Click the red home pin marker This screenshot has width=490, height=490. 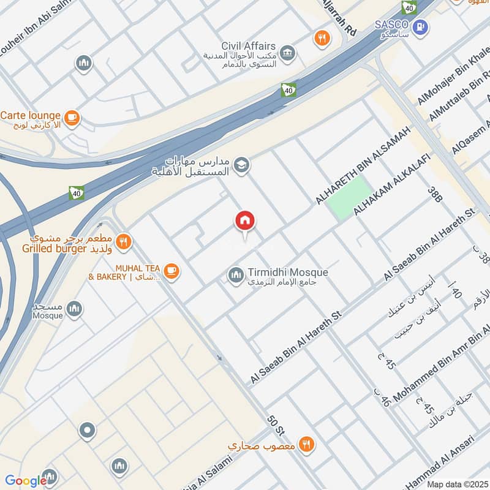click(246, 221)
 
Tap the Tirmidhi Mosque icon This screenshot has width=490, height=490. click(236, 276)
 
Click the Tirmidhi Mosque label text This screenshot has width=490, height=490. click(288, 273)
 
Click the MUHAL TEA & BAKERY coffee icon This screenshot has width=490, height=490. click(171, 271)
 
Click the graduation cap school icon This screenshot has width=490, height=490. click(242, 165)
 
